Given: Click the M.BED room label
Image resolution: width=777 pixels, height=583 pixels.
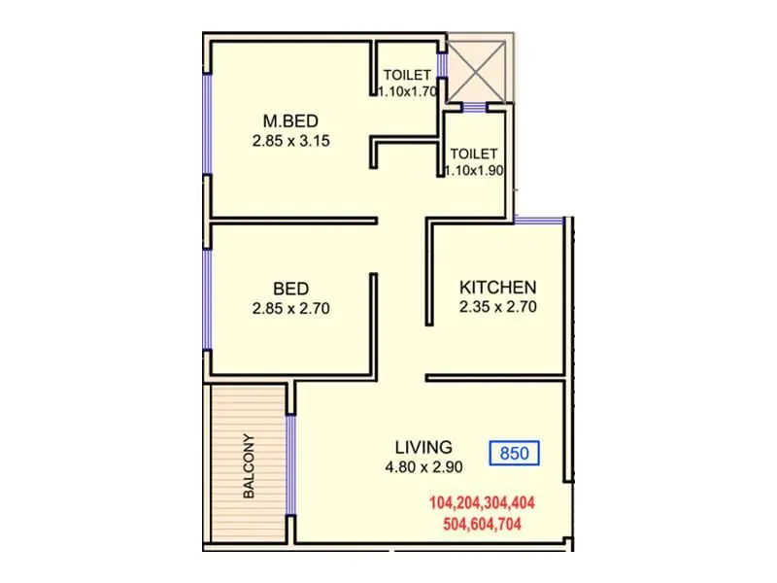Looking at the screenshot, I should coord(291,120).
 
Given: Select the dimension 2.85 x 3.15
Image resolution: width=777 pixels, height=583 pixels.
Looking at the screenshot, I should coord(291,139).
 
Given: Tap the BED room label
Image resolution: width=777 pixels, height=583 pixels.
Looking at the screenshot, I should coord(290,289).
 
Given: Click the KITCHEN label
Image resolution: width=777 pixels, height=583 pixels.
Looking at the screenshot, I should coord(497,288).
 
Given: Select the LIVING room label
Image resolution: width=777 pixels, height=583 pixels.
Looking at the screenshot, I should coord(423,447).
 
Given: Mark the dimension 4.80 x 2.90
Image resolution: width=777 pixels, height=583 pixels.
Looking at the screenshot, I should coord(423,465).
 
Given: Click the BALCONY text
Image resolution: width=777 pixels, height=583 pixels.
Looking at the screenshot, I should coord(249,465).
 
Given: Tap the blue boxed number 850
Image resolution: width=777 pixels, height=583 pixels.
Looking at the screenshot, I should coord(515,452).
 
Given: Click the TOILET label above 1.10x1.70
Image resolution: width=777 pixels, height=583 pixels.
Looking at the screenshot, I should coord(405,75).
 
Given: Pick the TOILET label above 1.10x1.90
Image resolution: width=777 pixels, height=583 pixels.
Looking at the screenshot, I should coord(474,154).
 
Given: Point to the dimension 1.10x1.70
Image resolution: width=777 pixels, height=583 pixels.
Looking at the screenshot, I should coord(406,91).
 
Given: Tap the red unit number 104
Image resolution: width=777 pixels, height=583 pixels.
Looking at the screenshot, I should coord(446,503).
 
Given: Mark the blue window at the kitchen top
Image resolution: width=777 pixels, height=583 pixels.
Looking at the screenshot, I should coord(539,221).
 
